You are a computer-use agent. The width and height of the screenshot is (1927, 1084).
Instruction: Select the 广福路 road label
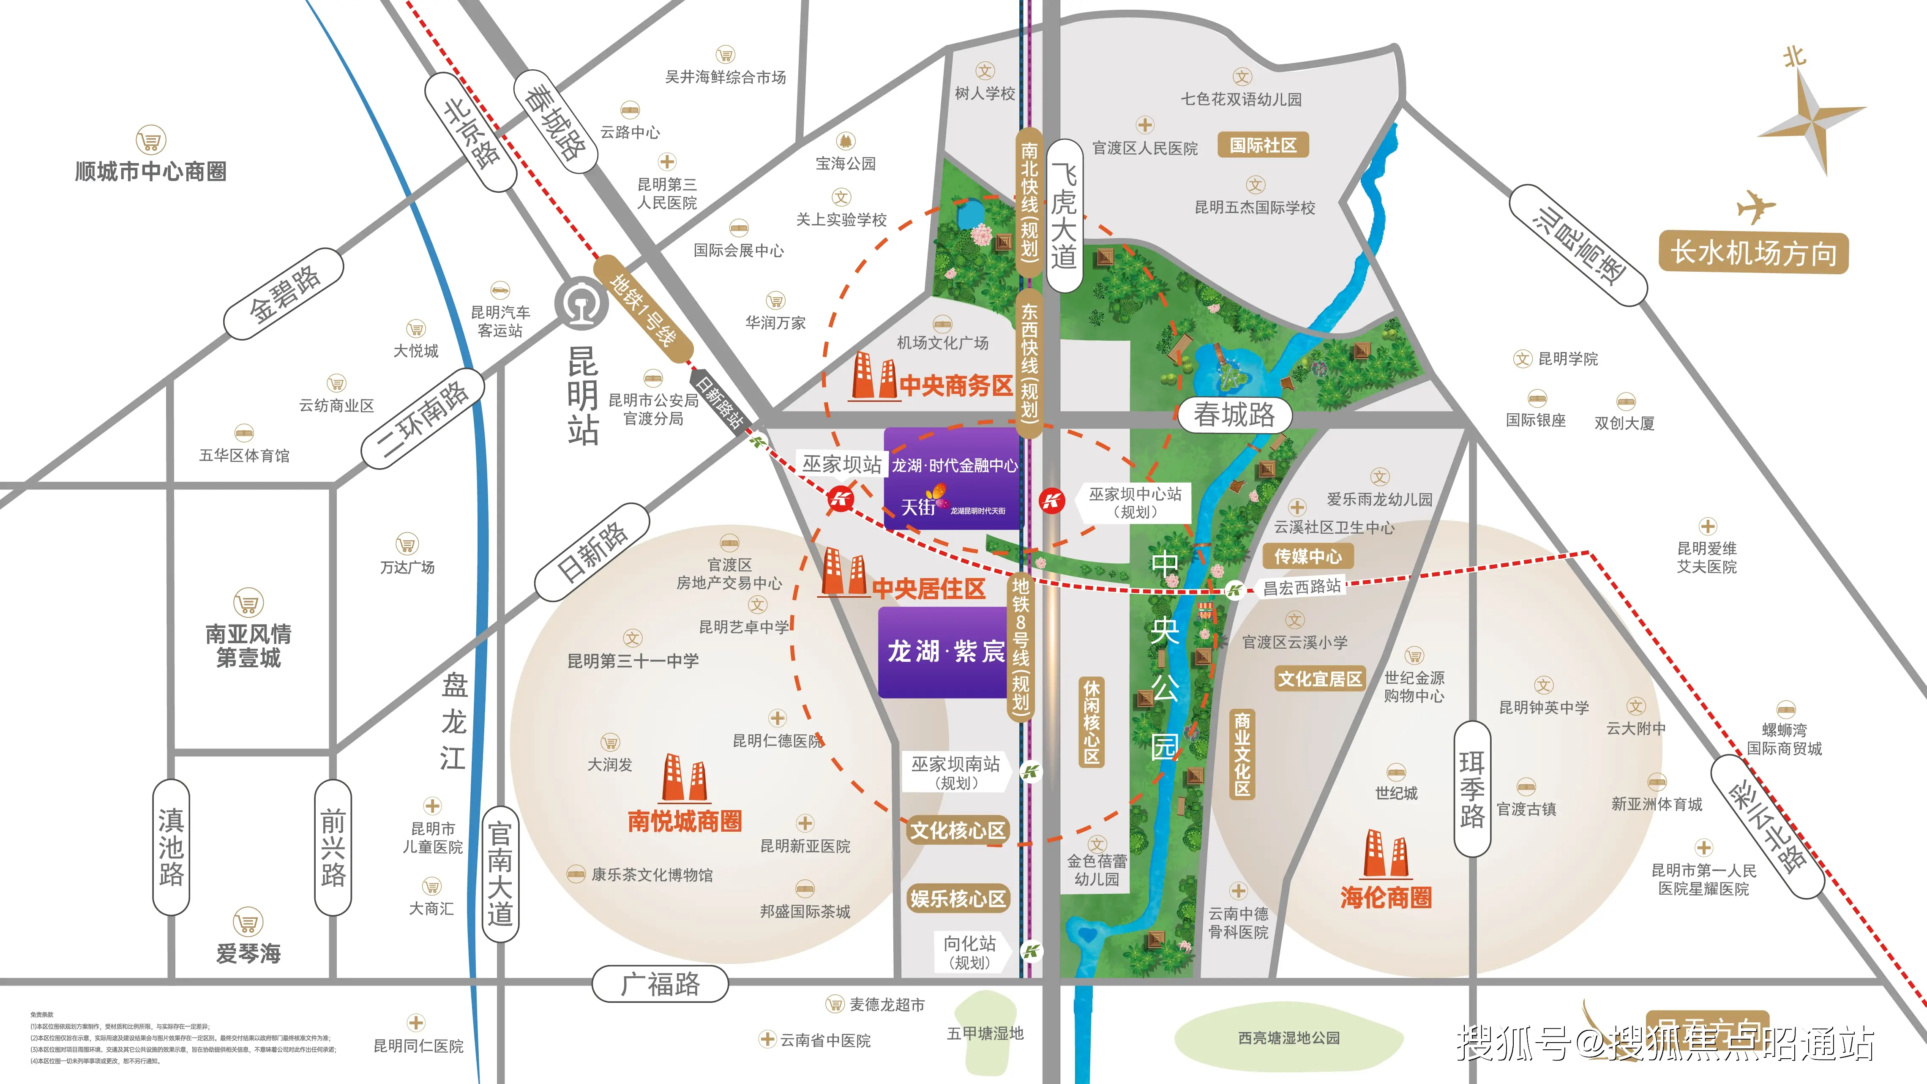click(x=660, y=984)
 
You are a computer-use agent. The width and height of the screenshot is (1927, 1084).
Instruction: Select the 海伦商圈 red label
click(x=1385, y=897)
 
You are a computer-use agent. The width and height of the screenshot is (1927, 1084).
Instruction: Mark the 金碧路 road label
click(x=284, y=293)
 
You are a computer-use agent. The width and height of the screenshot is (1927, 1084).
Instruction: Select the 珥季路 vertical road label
click(x=1471, y=789)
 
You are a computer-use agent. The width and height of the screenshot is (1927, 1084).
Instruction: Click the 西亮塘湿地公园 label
click(x=1289, y=1038)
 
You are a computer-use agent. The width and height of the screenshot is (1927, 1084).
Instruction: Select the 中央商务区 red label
click(x=956, y=386)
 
